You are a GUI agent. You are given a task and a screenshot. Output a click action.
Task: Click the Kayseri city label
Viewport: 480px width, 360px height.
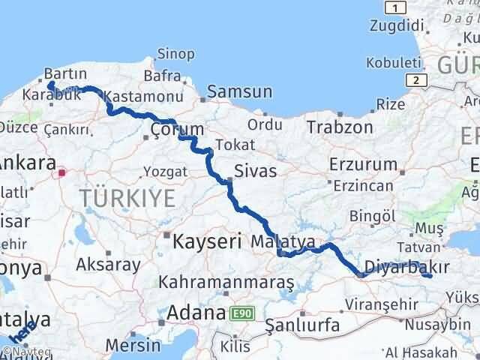click(x=207, y=241)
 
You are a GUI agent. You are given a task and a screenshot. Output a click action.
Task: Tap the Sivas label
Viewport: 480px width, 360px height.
click(x=255, y=171)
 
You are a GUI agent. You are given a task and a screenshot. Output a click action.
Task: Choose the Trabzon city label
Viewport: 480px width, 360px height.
click(x=339, y=127)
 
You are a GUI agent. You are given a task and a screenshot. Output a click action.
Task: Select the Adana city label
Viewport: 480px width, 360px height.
click(x=197, y=312)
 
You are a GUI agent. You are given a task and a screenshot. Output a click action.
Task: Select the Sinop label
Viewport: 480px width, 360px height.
click(x=177, y=54)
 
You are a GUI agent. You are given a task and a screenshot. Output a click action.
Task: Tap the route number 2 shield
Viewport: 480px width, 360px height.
click(x=414, y=79)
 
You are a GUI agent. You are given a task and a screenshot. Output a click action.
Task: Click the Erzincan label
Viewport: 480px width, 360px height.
click(x=363, y=185)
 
